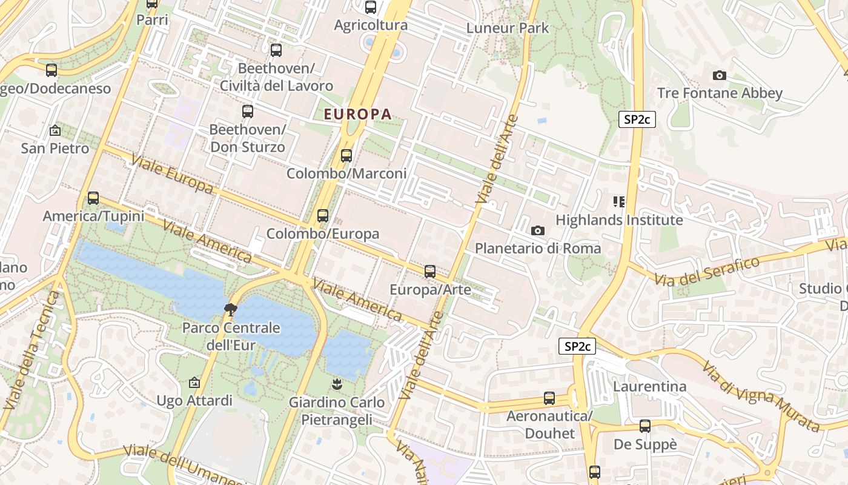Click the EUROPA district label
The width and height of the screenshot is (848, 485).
[x=357, y=114]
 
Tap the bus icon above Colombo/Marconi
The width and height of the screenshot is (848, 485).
[x=346, y=155]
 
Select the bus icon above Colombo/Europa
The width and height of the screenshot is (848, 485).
[x=322, y=215]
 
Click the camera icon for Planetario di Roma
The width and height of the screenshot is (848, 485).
[x=537, y=230]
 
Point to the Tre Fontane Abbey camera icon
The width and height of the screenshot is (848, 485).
[x=719, y=76]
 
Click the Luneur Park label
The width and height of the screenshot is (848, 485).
[x=508, y=28]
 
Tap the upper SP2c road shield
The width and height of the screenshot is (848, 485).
[x=637, y=119]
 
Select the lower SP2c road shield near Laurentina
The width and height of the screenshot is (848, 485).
[x=577, y=346]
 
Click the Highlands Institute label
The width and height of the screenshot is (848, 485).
[x=619, y=219]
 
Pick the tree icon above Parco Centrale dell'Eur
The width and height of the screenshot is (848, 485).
[x=230, y=310]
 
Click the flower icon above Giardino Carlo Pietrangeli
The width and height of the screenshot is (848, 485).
[x=336, y=384]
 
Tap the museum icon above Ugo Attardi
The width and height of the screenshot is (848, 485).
[x=194, y=383]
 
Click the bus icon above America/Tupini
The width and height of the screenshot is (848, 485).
[x=93, y=198]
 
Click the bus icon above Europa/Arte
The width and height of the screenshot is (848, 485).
[x=429, y=271]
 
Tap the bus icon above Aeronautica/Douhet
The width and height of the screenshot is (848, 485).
[x=549, y=398]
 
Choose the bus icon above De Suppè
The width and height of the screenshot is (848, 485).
[x=644, y=426]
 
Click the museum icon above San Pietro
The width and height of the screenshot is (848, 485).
[x=55, y=130]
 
